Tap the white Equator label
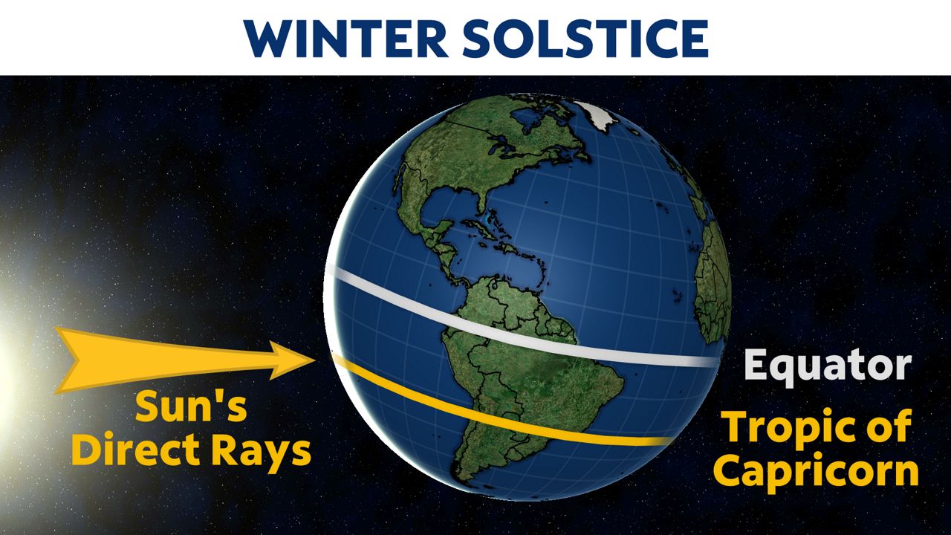(x=827, y=366)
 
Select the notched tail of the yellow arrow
(x=71, y=360)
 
